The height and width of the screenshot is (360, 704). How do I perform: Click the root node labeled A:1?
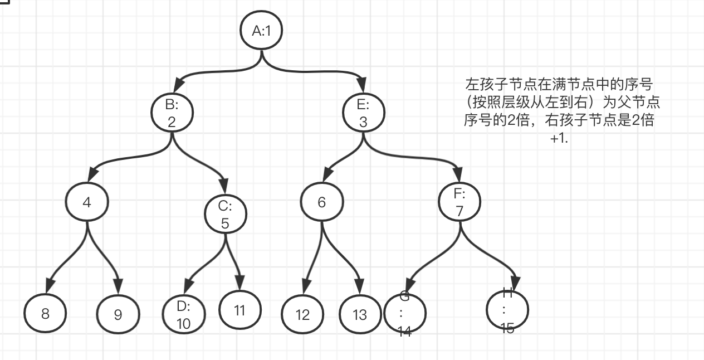pos(261,30)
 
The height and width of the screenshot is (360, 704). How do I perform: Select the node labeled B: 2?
pos(172,113)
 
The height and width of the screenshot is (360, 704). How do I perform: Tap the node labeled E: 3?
pos(363,113)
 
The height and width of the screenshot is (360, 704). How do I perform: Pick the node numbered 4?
pos(86,202)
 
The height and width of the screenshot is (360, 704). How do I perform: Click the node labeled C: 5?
pos(225,215)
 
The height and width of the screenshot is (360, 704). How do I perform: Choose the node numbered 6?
pos(322,202)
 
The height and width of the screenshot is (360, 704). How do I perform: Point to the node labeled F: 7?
pos(460,203)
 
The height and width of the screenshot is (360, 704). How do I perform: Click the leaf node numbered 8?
pos(45,313)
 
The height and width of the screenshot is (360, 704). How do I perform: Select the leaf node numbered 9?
pos(118,315)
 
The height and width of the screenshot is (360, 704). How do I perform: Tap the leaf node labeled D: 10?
pos(183,315)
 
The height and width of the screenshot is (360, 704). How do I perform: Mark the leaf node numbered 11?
pos(239,310)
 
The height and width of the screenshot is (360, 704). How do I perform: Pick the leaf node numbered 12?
pos(302,315)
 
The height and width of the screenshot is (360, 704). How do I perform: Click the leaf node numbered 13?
pos(360,315)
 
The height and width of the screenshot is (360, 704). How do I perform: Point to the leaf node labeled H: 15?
pos(507,310)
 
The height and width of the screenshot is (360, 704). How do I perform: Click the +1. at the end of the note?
pos(559,139)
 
